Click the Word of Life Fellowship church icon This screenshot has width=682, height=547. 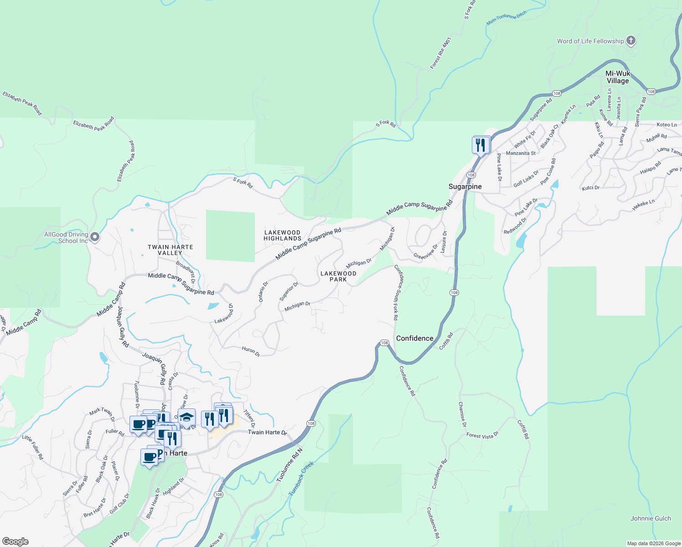pos(631,41)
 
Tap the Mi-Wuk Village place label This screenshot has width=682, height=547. pos(618,77)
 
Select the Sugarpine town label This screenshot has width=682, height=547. pos(465,186)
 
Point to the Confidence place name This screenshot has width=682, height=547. pos(414,338)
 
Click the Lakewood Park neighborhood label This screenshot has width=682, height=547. pos(338,276)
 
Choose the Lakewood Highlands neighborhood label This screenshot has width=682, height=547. pos(283,235)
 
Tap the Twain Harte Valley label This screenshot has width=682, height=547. pos(170,250)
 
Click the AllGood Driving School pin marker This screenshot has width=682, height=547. pos(95,237)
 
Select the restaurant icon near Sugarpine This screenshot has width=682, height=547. pos(480,145)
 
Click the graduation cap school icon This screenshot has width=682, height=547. pos(186,417)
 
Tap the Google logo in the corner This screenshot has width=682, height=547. pos(15,542)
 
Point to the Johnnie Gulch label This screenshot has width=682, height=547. pos(651,518)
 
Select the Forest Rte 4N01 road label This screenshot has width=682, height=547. pos(440,53)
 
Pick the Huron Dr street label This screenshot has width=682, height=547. pos(251,351)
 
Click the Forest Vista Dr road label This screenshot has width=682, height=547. pos(482,436)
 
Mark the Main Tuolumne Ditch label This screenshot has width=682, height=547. pos(506,17)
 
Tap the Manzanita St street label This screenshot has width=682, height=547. pos(521,153)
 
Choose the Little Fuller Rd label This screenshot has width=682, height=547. pos(33,447)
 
